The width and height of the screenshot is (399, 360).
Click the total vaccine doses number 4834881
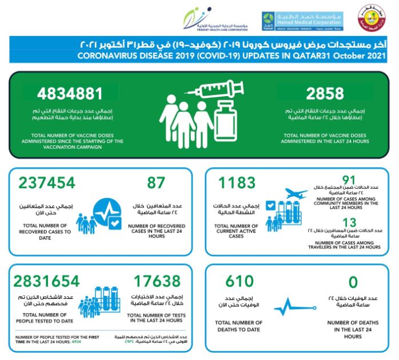70,93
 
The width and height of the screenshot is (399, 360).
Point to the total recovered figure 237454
46,183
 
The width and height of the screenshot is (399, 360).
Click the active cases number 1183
238,183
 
